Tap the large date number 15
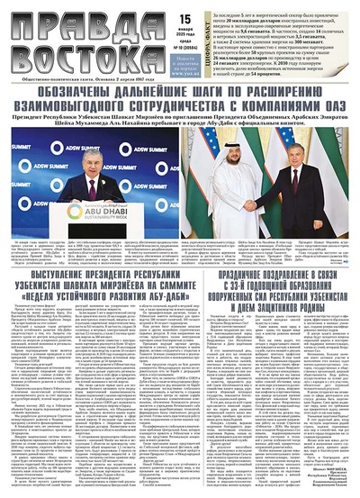(x=148, y=15)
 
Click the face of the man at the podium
(x=92, y=167)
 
